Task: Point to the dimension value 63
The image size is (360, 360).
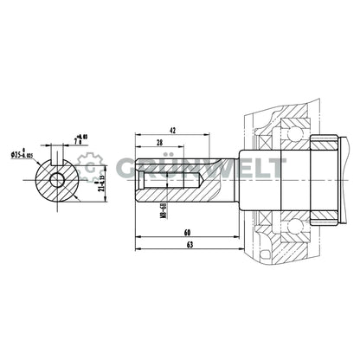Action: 189,247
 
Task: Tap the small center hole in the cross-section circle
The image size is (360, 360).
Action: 57,181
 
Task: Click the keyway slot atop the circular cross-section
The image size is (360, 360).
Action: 57,162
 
